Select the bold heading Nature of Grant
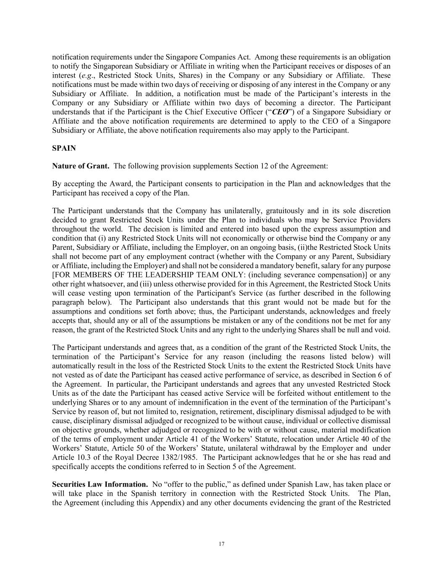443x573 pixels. point(81,166)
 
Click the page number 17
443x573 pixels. point(222,544)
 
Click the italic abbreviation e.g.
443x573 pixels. point(87,76)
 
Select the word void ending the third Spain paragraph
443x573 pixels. point(383,330)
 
